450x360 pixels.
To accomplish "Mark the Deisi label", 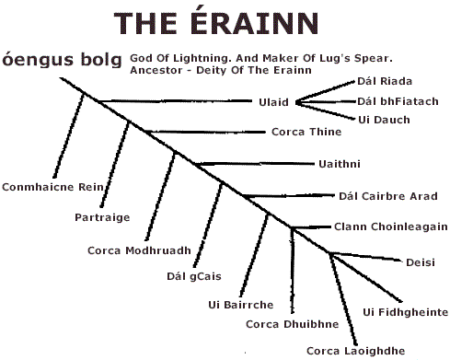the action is [x=420, y=262].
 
